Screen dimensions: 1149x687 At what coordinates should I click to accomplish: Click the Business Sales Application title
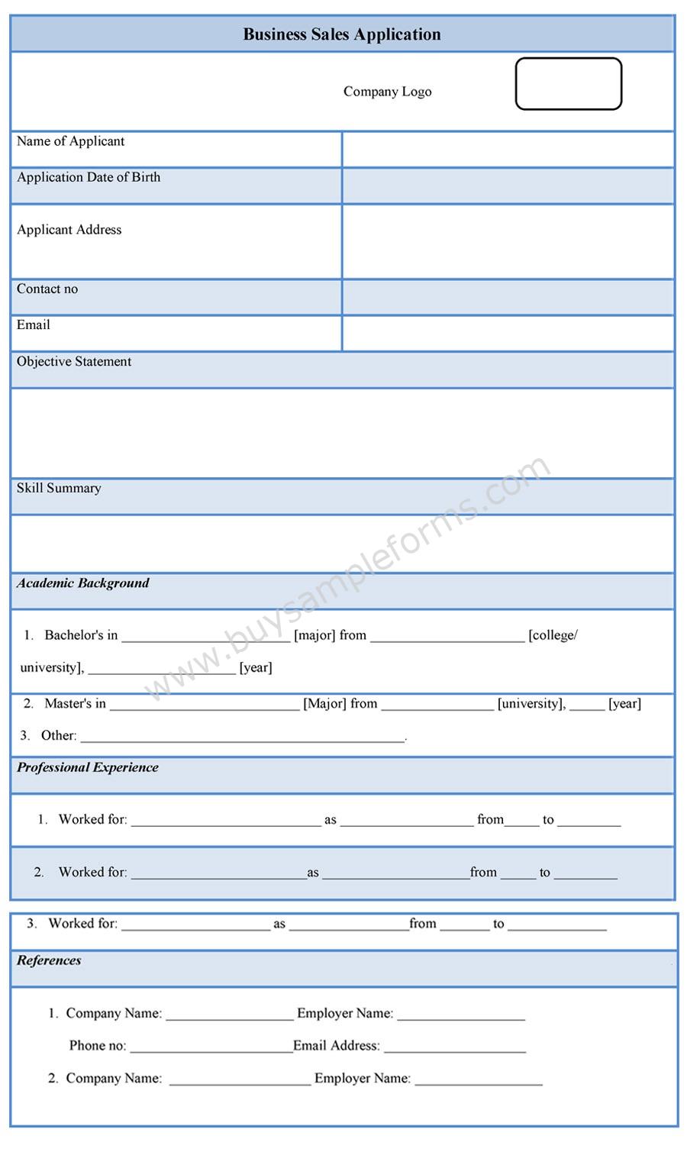click(342, 34)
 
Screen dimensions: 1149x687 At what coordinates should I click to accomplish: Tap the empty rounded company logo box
click(569, 84)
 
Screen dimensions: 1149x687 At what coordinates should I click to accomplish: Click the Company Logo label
click(387, 92)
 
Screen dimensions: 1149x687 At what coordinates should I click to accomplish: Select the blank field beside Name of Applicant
click(508, 149)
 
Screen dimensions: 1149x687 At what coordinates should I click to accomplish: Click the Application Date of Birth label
click(89, 177)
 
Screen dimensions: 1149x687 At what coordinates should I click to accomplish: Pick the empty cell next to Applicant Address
click(508, 241)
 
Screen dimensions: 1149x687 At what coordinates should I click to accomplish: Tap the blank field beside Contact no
click(508, 297)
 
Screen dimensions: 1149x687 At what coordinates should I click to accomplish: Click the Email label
click(34, 324)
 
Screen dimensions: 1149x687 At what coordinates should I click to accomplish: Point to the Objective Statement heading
click(74, 361)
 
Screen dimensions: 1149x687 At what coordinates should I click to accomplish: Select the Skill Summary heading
click(59, 488)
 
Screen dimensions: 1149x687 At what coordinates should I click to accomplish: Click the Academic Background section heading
click(83, 583)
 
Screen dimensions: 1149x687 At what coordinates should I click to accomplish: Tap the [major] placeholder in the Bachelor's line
click(314, 635)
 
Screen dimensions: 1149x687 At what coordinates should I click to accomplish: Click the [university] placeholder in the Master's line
click(531, 704)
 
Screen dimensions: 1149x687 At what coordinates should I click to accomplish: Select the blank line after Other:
click(243, 737)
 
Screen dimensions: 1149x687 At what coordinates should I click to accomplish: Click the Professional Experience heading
click(88, 767)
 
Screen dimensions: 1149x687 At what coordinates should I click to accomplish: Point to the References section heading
click(49, 960)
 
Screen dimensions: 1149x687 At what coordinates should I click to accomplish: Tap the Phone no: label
click(98, 1046)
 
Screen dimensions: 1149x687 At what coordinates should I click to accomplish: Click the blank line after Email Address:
click(455, 1047)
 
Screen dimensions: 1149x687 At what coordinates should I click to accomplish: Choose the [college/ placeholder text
click(553, 635)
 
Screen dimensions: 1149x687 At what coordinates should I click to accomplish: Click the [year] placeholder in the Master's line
click(624, 704)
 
